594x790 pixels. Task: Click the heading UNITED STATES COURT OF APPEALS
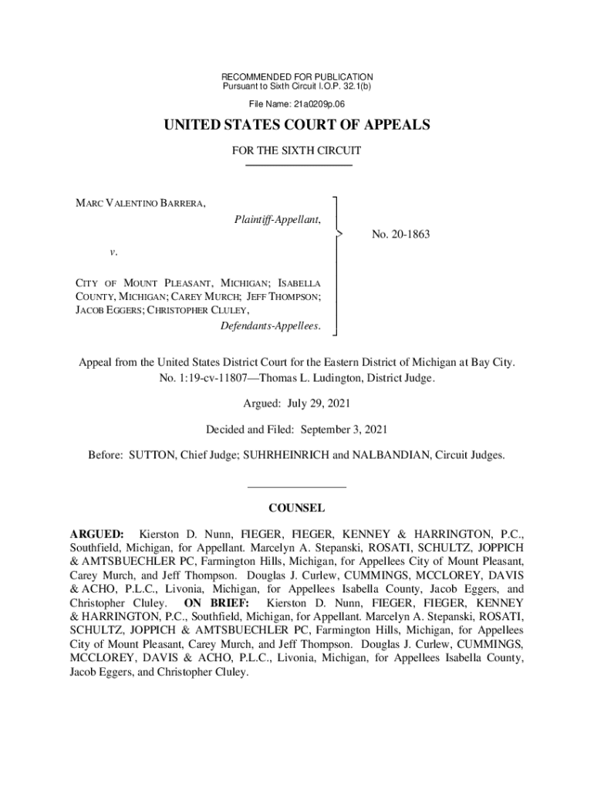click(x=297, y=126)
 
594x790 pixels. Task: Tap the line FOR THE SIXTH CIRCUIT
click(x=297, y=151)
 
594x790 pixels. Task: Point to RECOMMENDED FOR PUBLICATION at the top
click(x=297, y=77)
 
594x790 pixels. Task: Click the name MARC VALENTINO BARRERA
click(x=140, y=203)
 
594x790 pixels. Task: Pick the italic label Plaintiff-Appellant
click(x=278, y=220)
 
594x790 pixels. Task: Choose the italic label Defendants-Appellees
click(x=270, y=326)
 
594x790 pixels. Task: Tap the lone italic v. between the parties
click(x=113, y=252)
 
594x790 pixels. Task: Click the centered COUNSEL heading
click(x=297, y=508)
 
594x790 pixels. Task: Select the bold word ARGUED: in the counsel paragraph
click(x=97, y=534)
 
